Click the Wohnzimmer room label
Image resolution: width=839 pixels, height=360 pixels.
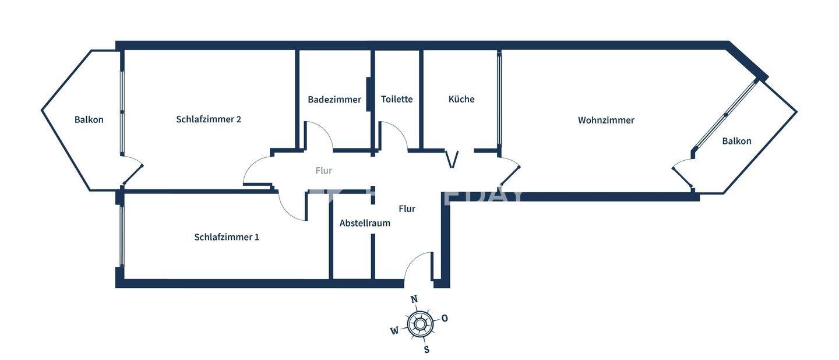[x=606, y=121]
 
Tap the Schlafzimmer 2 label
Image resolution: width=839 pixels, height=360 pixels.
[x=209, y=119]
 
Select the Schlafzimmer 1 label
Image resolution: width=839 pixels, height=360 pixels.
[x=227, y=237]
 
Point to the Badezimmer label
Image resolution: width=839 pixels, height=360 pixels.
[x=334, y=100]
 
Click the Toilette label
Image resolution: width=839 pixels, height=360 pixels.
[x=397, y=100]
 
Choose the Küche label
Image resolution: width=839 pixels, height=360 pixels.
[x=461, y=100]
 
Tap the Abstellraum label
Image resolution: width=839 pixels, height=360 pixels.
[x=365, y=223]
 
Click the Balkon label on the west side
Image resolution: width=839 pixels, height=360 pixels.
[x=89, y=120]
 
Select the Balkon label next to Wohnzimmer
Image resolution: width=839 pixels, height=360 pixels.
[x=736, y=141]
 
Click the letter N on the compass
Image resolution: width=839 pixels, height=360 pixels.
[x=414, y=299]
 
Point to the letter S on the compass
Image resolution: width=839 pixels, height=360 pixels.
[x=426, y=350]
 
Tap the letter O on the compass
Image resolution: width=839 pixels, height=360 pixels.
[x=445, y=318]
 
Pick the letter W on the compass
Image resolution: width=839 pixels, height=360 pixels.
[x=394, y=331]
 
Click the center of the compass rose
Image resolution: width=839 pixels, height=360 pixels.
[x=419, y=324]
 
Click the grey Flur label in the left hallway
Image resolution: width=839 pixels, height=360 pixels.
[x=323, y=171]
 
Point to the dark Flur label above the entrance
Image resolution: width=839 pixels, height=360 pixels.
[x=407, y=209]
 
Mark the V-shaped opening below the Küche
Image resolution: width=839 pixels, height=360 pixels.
[x=452, y=159]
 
